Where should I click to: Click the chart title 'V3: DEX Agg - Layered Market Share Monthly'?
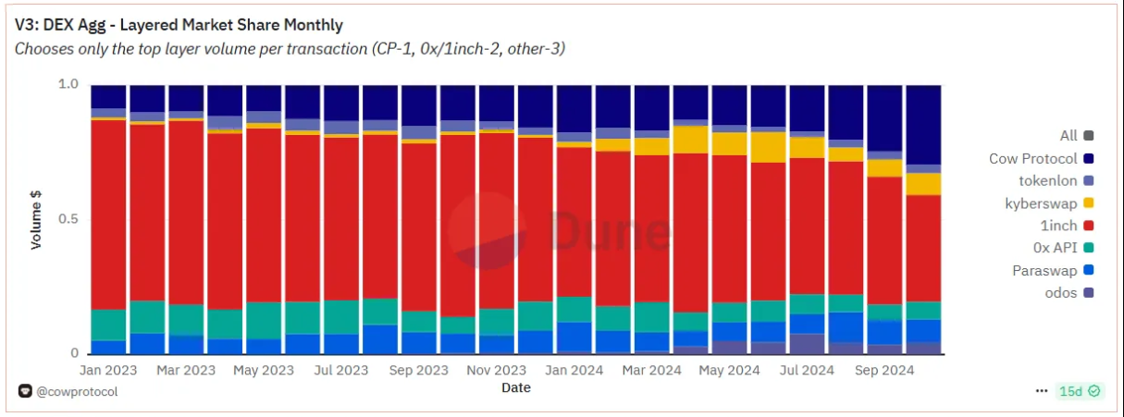(x=179, y=25)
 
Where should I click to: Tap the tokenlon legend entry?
(x=1056, y=180)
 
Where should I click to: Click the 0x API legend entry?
(x=1063, y=247)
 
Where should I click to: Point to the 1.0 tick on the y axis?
(x=68, y=84)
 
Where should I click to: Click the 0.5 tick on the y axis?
(x=68, y=219)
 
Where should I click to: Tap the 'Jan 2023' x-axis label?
(x=109, y=370)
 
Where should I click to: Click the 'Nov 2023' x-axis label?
(x=496, y=370)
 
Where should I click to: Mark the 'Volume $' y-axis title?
(x=37, y=219)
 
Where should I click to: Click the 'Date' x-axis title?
(x=515, y=387)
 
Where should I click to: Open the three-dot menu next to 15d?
(x=1042, y=391)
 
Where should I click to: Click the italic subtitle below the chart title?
(x=290, y=48)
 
